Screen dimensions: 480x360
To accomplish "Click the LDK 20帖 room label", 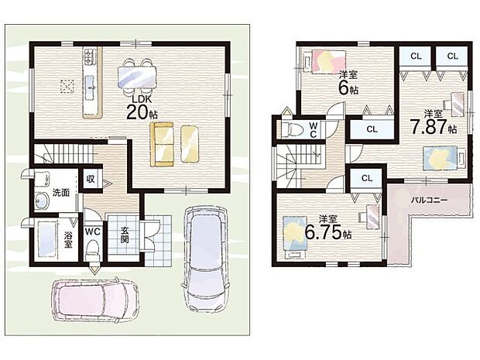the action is point(142,108).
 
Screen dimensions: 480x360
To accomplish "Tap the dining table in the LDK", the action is point(137,77).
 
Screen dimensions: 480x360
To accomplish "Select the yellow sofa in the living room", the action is point(162,144).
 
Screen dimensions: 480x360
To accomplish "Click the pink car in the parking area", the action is point(95,300).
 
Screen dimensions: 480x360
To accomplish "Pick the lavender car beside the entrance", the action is point(204,259).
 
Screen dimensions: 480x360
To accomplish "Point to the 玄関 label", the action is point(125,235).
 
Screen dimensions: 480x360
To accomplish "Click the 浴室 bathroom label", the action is point(68,240).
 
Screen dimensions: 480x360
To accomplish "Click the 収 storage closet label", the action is point(91,179).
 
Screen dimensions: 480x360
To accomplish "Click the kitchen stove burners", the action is point(90,57).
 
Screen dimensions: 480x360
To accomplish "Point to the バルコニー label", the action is point(429,201).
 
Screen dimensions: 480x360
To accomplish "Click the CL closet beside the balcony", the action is point(366,178).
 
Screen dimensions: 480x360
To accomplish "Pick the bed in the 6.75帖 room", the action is point(295,236).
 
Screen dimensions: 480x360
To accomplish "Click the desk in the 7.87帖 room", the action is point(454,105).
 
